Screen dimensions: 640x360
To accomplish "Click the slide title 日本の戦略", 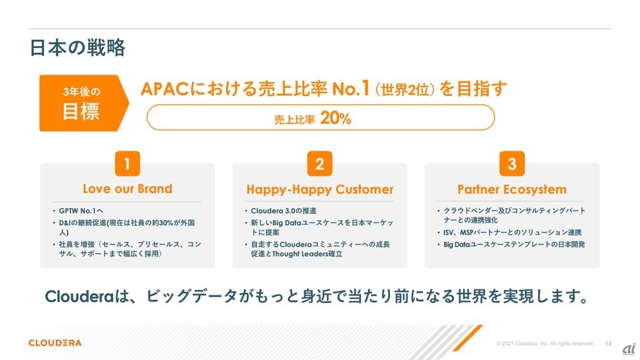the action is tap(77, 48).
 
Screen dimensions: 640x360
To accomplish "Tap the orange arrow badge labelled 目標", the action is tap(83, 103).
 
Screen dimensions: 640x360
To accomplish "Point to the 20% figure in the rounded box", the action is tap(335, 118).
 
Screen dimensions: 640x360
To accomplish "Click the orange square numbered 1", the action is tap(127, 164).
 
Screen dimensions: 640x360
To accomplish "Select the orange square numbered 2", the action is tap(320, 164).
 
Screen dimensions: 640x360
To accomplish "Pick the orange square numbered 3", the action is tap(512, 164).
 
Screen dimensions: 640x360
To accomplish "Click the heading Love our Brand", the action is tap(127, 188).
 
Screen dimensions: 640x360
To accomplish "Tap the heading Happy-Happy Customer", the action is tap(320, 190).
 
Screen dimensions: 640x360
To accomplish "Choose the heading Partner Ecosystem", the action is tap(512, 190).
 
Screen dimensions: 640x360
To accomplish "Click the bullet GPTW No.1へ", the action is tap(81, 211).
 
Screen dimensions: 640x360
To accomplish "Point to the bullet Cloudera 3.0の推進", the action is tap(284, 211).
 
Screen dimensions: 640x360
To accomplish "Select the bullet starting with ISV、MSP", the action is tap(512, 232).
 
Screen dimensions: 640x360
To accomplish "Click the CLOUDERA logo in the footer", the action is tap(55, 343).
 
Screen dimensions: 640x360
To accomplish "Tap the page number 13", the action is tap(608, 344).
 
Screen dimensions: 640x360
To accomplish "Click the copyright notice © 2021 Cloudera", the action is tap(545, 344).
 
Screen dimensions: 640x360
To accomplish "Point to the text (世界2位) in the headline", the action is tap(405, 89).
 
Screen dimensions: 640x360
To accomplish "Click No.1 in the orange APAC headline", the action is tap(351, 88).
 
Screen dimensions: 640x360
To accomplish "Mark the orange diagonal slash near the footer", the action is tap(468, 338).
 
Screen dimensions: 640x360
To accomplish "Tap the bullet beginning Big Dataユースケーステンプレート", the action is tap(514, 244).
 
